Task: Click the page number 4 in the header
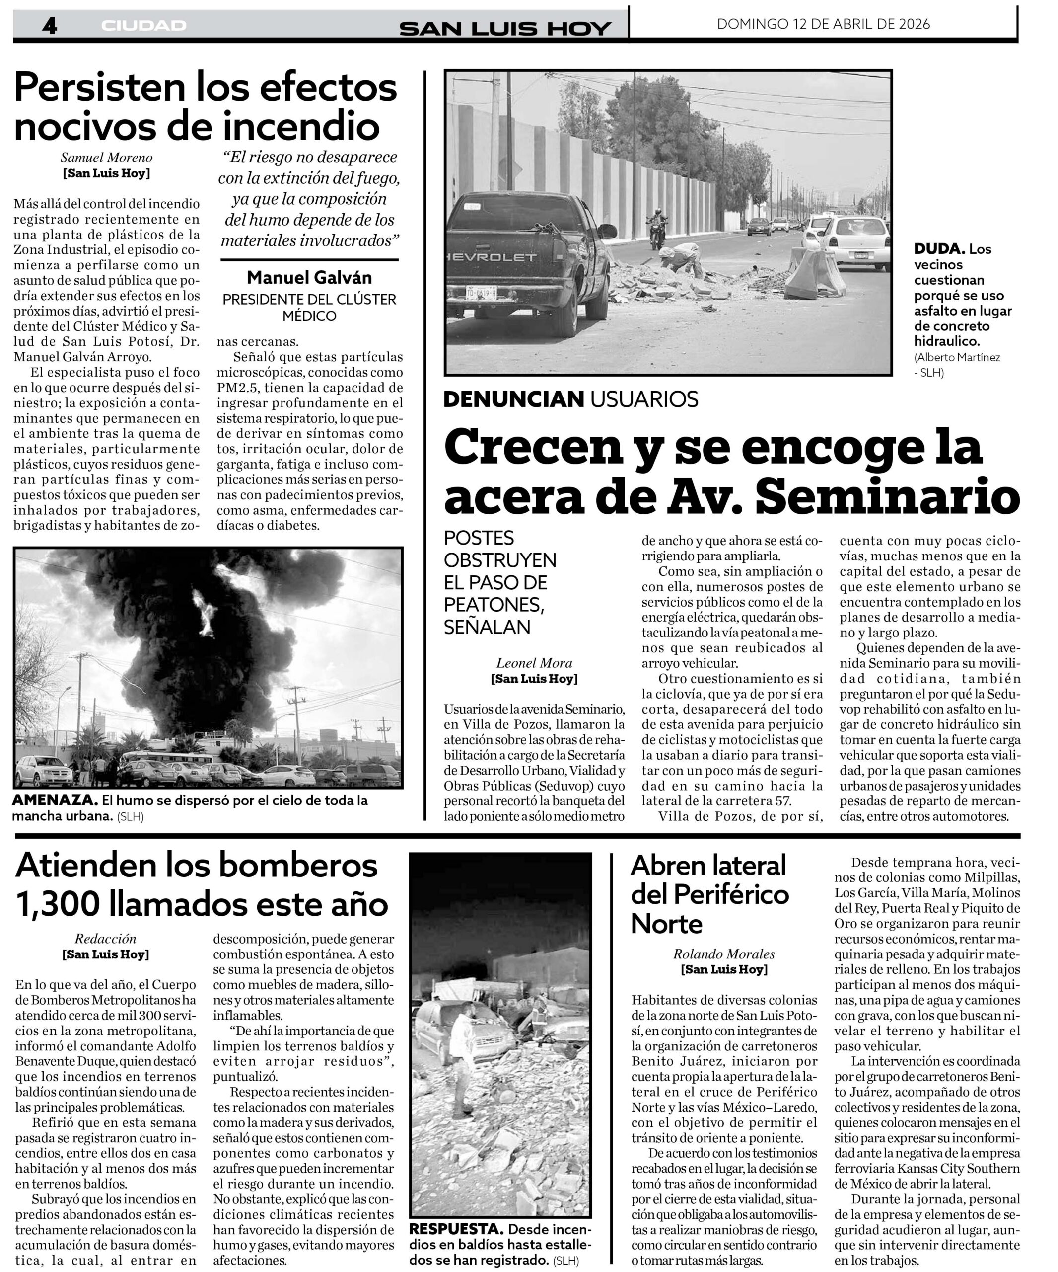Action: (x=50, y=25)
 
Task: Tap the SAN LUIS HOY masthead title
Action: (x=505, y=28)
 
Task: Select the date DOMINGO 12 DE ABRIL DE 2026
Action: (x=823, y=24)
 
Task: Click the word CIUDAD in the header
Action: (x=143, y=26)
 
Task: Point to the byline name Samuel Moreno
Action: (x=107, y=158)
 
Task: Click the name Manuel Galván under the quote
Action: (x=309, y=277)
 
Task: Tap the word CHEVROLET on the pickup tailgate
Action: (x=491, y=257)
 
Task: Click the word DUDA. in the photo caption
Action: (x=939, y=249)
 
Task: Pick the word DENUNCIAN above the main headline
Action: (x=513, y=399)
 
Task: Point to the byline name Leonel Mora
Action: (x=534, y=663)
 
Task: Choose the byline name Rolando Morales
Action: (x=724, y=954)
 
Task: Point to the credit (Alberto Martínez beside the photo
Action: (x=957, y=357)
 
